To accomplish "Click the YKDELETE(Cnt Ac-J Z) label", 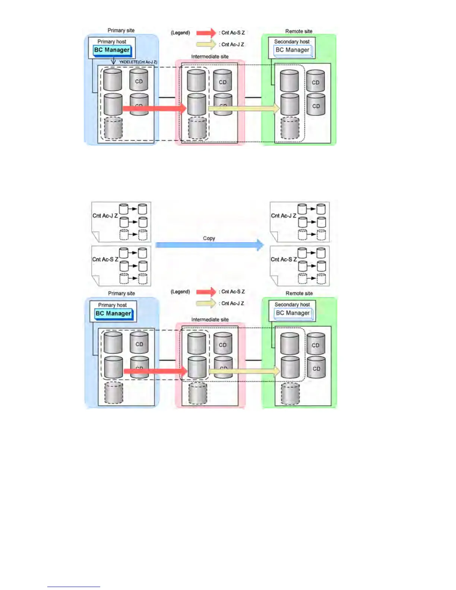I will [138, 62].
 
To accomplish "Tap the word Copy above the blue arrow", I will [209, 238].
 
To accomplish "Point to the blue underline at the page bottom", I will [73, 587].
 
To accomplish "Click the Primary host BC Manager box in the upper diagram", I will [112, 50].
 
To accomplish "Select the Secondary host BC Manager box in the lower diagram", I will [293, 313].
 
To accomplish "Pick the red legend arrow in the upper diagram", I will [206, 33].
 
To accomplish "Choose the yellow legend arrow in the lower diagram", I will [206, 303].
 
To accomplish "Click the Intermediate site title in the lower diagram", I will [210, 320].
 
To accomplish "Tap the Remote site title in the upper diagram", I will [299, 31].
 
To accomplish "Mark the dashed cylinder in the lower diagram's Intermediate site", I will [198, 393].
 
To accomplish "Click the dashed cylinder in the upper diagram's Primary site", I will [113, 128].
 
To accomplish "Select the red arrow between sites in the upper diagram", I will [154, 108].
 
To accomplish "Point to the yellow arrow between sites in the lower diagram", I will [244, 371].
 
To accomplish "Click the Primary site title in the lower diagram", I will [121, 294].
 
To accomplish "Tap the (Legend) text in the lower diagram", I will [180, 292].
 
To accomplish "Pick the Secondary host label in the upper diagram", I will [292, 42].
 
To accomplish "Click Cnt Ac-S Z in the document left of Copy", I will [105, 260].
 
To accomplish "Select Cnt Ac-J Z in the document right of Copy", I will [284, 216].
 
